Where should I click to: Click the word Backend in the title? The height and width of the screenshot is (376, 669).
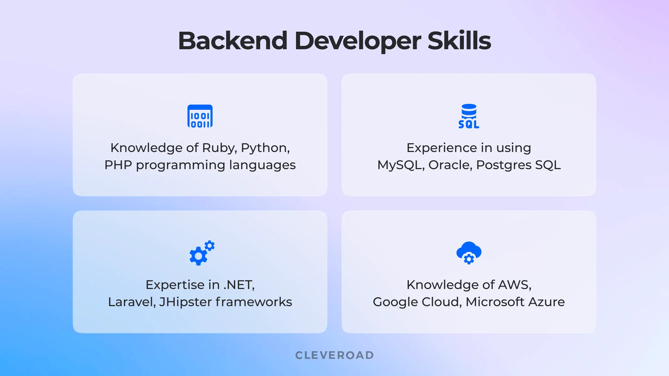click(232, 41)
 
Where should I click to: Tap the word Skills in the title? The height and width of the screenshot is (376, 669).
click(459, 41)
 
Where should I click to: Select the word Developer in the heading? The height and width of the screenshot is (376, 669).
click(358, 41)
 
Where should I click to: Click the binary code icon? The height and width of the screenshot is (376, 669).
click(200, 116)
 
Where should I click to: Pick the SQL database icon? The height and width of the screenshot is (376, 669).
click(469, 116)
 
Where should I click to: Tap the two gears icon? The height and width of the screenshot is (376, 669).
click(202, 253)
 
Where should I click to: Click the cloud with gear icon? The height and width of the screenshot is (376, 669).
click(469, 253)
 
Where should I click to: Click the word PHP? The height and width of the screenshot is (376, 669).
click(118, 165)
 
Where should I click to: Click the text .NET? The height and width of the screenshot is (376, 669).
click(239, 285)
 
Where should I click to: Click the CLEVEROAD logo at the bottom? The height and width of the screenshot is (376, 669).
click(335, 355)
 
